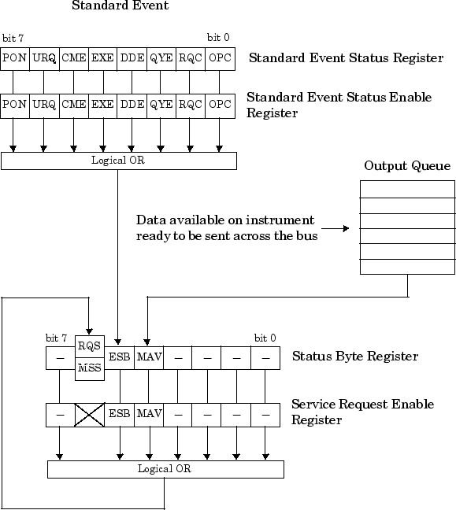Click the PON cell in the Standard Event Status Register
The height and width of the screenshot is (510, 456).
14,58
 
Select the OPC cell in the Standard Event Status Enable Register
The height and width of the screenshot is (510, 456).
221,104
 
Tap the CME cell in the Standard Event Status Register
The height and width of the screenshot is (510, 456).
73,58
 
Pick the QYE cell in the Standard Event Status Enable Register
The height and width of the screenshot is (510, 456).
161,104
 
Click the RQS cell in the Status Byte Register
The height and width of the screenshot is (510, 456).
90,346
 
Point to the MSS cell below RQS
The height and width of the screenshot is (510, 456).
90,368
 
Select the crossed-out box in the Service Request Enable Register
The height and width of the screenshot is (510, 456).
90,413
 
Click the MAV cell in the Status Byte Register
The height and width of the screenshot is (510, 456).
149,357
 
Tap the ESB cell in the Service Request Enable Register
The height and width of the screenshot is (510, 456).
120,413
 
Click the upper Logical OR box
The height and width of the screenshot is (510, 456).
118,161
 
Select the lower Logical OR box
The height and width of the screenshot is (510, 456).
165,469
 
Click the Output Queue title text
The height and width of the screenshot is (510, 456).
407,166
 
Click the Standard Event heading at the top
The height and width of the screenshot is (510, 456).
120,7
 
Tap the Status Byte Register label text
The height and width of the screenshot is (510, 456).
354,357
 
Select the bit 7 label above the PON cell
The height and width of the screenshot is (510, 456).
13,38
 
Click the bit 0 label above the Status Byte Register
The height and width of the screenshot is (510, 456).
265,338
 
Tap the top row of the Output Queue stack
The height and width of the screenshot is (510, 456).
407,189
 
